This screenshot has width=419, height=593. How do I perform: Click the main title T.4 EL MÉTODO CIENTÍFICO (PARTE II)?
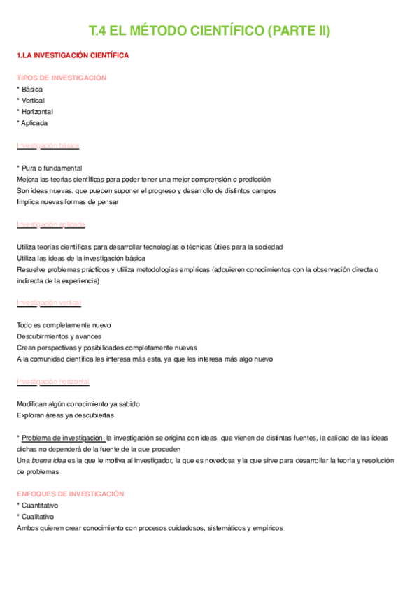point(209,31)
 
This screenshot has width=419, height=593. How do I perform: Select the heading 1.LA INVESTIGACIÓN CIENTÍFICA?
point(72,55)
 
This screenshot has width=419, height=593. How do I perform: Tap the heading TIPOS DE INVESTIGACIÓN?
point(62,78)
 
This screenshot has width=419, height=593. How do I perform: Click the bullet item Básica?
point(32,90)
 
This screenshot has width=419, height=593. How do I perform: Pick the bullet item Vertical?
point(33,101)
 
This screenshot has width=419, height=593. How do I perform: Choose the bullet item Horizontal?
point(37,112)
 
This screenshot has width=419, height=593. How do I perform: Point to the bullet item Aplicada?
point(34,123)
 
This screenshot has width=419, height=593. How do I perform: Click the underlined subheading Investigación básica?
point(48,145)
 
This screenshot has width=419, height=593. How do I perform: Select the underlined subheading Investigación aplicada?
point(50,224)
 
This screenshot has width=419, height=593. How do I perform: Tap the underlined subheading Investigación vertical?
point(49,303)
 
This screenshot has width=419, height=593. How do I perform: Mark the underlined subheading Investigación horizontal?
point(52,381)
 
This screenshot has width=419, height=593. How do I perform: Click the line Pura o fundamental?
point(52,168)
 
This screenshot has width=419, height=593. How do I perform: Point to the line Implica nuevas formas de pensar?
point(68,202)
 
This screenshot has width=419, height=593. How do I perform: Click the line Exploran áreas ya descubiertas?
point(65,415)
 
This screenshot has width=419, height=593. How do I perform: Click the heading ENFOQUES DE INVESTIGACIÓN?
point(70,494)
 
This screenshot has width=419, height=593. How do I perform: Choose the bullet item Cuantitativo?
point(40,505)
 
